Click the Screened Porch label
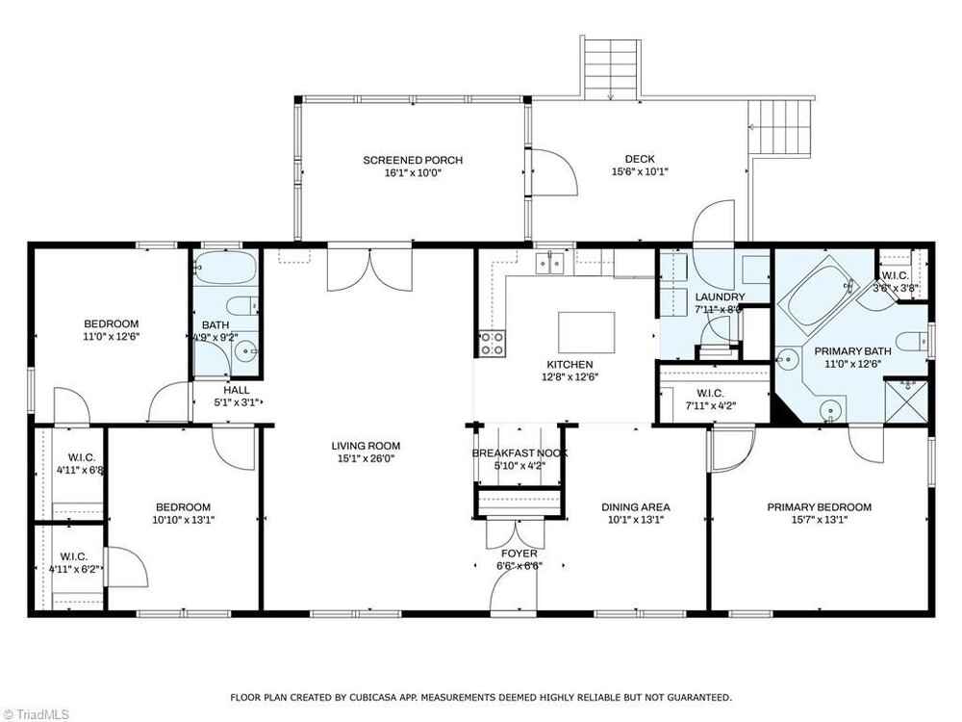click(413, 160)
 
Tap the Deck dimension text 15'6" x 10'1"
click(640, 172)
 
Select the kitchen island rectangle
click(587, 332)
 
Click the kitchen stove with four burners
click(492, 344)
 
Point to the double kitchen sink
click(549, 263)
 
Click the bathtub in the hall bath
click(226, 267)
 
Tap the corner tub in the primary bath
click(817, 294)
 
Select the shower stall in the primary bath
click(906, 400)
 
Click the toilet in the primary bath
click(913, 340)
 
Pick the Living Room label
click(366, 447)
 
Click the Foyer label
click(519, 554)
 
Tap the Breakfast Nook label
click(519, 453)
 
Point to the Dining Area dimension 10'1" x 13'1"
click(635, 520)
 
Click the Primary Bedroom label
click(819, 507)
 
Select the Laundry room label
click(720, 297)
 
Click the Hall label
click(237, 390)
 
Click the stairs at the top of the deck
click(611, 67)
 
